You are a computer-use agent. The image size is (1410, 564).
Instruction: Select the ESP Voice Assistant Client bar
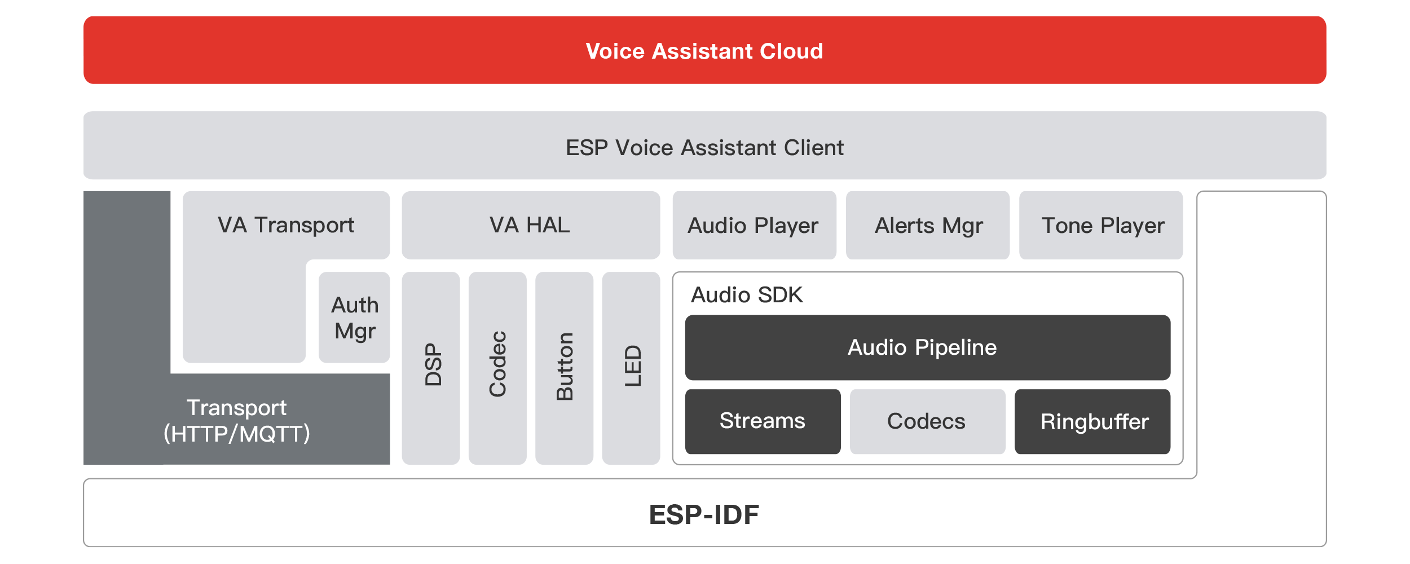[704, 147]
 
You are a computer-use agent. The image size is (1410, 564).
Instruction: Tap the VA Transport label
[286, 225]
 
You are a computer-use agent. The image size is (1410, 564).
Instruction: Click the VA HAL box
[530, 225]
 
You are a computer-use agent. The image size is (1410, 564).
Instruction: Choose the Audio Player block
[754, 226]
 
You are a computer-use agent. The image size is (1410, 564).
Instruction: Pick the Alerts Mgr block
[928, 226]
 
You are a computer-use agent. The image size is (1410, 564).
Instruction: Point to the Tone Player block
[1102, 226]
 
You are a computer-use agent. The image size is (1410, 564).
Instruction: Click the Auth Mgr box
[355, 318]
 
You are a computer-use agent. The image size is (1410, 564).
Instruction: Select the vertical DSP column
[431, 367]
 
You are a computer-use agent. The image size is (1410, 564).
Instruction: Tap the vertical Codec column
[497, 367]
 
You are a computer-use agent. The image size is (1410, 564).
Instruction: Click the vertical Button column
[564, 367]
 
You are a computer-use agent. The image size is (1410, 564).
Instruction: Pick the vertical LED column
[632, 367]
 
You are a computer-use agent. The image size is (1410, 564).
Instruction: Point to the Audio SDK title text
[747, 295]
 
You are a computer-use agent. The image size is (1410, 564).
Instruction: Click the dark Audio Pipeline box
[927, 347]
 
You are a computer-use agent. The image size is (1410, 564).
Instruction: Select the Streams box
[763, 421]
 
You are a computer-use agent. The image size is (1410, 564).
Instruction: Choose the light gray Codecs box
[927, 421]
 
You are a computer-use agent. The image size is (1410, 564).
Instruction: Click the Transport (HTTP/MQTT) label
[237, 421]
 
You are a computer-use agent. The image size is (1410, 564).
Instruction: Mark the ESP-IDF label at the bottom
[704, 514]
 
